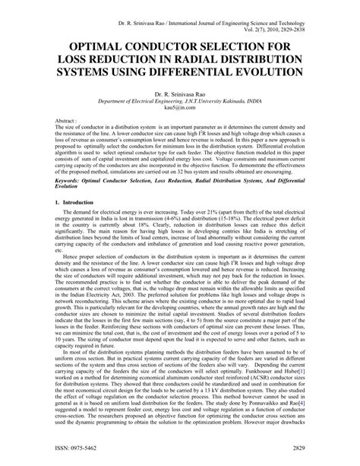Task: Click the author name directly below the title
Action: point(179,94)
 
